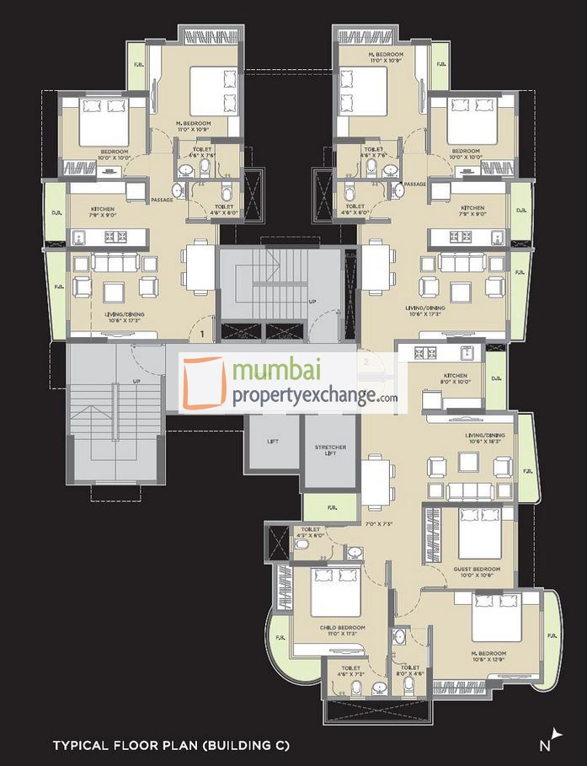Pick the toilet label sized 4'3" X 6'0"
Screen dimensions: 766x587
coord(310,533)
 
